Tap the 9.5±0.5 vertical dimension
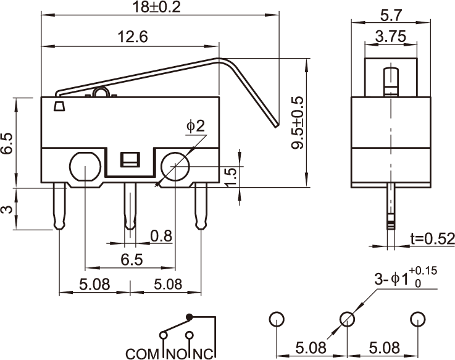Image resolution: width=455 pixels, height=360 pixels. [298, 123]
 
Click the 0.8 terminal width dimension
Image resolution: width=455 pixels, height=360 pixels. [161, 235]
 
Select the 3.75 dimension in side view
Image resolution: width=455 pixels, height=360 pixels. [390, 36]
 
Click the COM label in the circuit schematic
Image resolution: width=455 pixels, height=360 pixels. [143, 354]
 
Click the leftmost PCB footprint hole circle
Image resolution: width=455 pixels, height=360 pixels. [276, 319]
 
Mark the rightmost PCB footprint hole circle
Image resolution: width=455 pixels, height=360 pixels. [419, 319]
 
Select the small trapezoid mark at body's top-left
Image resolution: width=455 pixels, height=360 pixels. [59, 106]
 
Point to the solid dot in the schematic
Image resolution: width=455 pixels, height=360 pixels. [190, 317]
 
